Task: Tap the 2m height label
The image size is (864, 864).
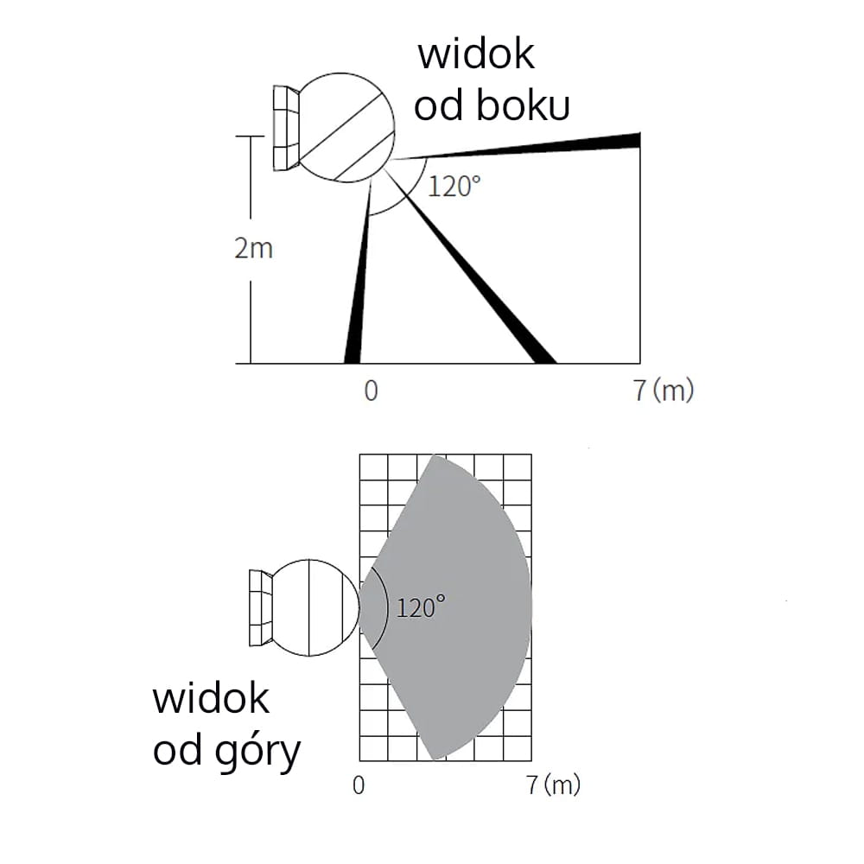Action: pos(253,249)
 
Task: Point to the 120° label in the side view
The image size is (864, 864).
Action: pos(454,186)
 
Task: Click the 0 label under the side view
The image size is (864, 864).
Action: pos(371,391)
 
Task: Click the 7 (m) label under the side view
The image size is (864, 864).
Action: pos(664,391)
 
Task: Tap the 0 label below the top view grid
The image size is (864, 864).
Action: pos(359,785)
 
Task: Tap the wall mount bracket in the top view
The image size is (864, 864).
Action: pos(260,607)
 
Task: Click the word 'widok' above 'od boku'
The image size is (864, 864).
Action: pos(476,54)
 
